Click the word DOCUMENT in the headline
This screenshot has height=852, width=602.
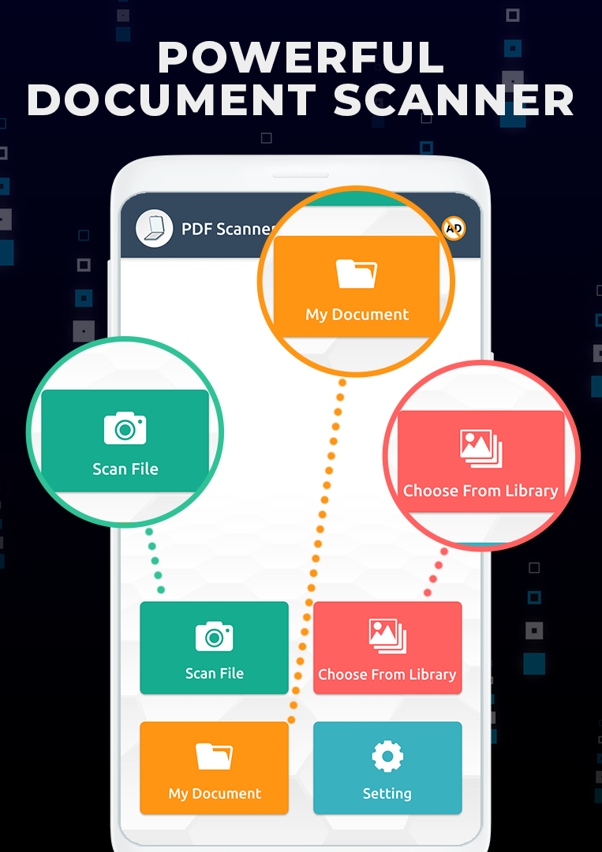171,100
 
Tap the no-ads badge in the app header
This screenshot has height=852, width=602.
454,229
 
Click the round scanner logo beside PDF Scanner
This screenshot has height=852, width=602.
154,229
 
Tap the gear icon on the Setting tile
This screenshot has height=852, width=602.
387,757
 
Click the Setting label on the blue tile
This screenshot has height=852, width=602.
387,794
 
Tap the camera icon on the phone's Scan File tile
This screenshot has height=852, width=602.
215,636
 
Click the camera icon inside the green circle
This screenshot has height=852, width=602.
125,428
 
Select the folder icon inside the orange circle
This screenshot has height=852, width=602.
357,274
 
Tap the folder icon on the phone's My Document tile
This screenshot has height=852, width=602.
215,757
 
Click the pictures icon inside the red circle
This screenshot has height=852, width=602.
480,447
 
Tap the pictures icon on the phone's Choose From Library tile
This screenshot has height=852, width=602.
387,636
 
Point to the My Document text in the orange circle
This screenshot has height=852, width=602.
357,315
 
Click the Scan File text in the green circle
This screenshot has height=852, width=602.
125,469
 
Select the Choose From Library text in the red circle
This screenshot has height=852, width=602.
480,491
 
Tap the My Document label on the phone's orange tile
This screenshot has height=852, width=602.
215,794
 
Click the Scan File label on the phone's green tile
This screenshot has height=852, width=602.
215,674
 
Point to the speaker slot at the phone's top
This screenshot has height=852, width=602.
300,175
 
